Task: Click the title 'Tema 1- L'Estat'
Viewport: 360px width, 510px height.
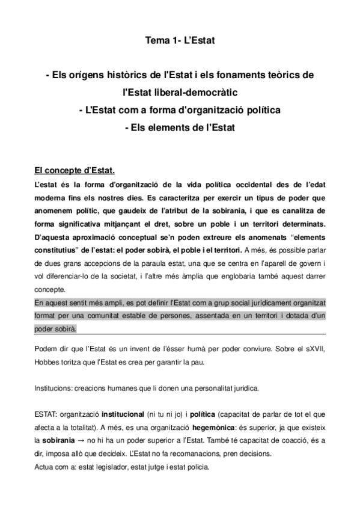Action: click(x=180, y=41)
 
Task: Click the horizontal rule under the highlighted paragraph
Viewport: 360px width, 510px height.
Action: click(x=180, y=335)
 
